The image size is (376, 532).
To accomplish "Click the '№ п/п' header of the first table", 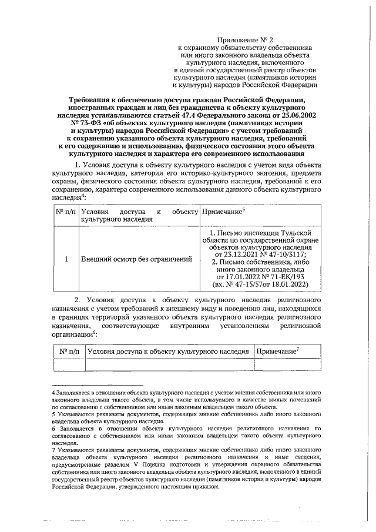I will [x=66, y=210].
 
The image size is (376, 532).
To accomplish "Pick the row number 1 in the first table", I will [x=66, y=259].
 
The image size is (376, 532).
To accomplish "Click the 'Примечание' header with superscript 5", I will [x=224, y=210].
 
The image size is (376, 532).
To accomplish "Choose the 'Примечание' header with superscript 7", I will [x=277, y=351].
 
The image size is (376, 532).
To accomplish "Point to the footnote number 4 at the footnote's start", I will [x=53, y=392].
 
